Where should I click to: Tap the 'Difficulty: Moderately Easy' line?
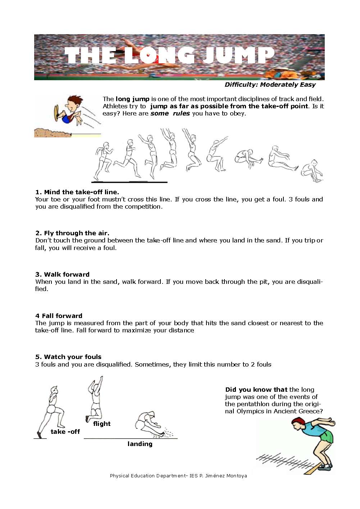270,85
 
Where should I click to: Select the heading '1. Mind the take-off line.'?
77,192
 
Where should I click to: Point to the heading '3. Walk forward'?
62,274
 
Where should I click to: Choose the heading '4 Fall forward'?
59,316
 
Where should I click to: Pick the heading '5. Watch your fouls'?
68,357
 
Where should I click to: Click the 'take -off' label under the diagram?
65,432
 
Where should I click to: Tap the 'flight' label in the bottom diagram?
102,424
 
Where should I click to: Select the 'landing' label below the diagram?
140,444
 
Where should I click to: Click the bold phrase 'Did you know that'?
256,390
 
